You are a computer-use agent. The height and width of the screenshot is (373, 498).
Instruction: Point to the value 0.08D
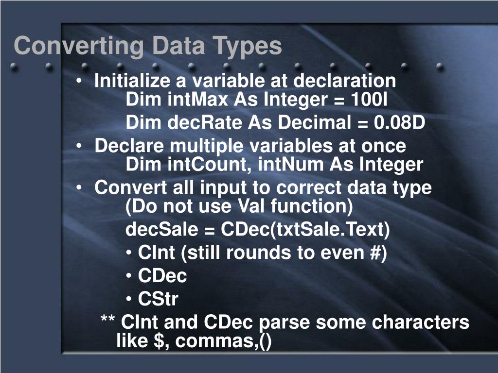(399, 123)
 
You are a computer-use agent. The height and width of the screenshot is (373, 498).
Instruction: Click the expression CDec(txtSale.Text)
(305, 230)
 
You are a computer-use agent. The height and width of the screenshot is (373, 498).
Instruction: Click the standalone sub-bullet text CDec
(162, 276)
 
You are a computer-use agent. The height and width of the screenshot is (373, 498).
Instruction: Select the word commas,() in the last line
(224, 341)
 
